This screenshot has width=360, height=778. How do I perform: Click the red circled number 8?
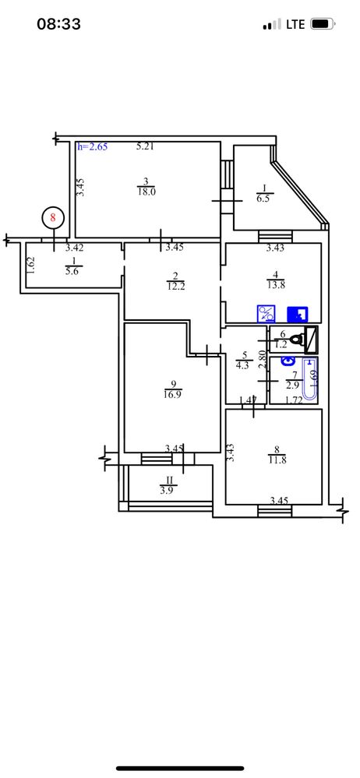(54, 217)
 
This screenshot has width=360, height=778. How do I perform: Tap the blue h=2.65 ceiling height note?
(93, 147)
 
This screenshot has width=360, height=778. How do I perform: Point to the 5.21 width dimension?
(146, 146)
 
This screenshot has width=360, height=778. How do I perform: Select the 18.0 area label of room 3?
(146, 192)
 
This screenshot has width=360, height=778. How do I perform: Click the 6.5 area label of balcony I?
(264, 197)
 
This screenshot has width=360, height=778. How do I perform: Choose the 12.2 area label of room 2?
(176, 287)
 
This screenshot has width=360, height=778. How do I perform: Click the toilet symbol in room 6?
(298, 340)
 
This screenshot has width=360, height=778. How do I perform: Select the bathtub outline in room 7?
(310, 379)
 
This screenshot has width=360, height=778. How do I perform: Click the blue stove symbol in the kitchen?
(266, 314)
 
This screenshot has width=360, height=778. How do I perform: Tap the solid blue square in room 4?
(298, 314)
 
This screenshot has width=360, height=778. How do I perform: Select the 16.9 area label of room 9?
(173, 395)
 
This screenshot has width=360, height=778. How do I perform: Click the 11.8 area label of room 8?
(277, 460)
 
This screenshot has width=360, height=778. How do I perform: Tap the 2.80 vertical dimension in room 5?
(263, 360)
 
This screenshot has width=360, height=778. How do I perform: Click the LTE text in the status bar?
(295, 24)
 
